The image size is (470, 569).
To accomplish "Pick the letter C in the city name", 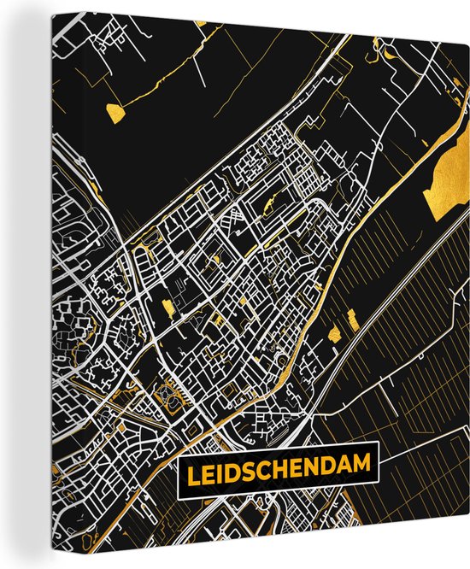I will (262, 466).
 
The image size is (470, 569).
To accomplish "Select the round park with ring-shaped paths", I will (167, 396).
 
